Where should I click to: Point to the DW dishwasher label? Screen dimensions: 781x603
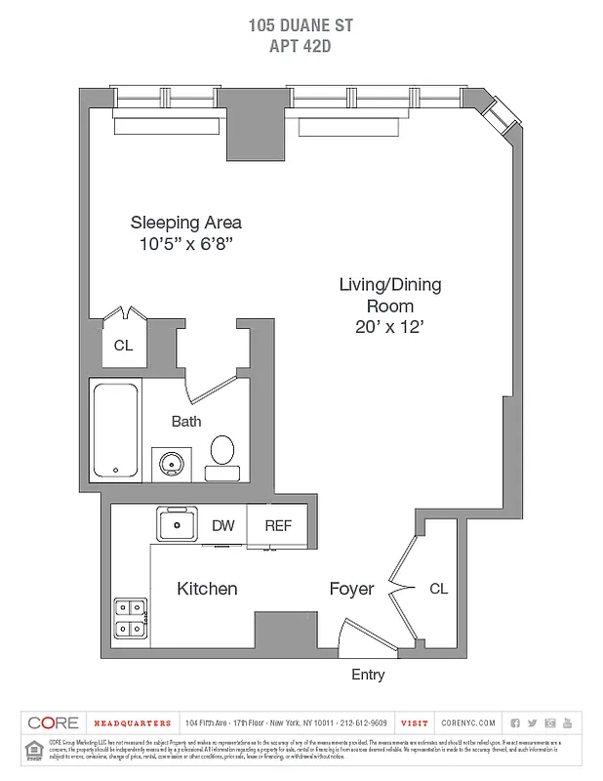[223, 525]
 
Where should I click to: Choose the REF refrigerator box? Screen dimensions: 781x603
[278, 525]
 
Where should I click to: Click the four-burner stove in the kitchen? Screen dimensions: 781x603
[130, 617]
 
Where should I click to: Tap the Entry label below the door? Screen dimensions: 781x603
[368, 675]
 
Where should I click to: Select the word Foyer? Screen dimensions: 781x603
[351, 589]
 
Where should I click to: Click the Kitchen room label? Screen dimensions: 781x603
[207, 589]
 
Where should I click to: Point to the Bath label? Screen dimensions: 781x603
[186, 422]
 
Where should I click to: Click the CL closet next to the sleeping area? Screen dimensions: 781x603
[123, 346]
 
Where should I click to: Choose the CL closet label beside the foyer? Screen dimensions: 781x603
[439, 589]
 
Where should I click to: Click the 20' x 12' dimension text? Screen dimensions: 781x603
[390, 328]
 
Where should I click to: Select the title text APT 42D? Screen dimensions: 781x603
[301, 43]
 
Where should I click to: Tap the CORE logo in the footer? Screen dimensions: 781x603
[54, 722]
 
